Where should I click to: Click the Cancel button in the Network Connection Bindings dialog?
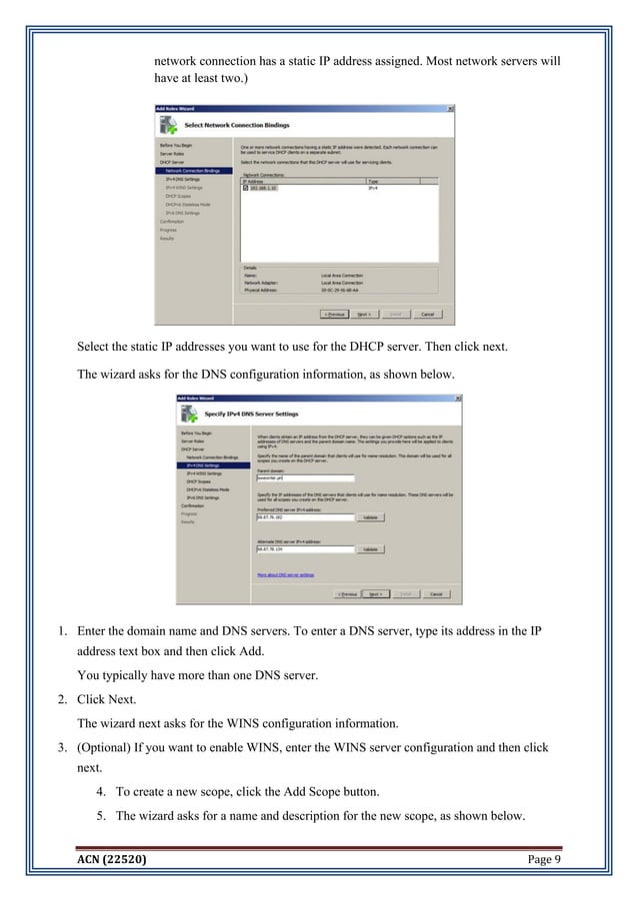(427, 314)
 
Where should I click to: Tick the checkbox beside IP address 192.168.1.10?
(247, 187)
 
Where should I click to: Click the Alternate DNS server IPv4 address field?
(306, 548)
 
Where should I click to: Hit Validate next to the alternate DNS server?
(370, 548)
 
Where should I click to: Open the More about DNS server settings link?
(286, 575)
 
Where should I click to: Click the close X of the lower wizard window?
(457, 397)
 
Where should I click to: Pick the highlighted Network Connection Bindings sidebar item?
(193, 170)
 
